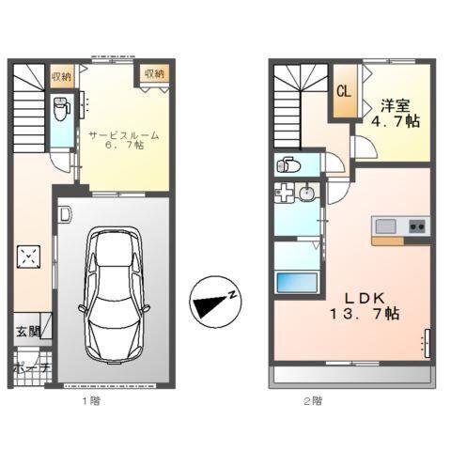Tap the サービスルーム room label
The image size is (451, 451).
click(x=124, y=134)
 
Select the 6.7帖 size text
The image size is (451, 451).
click(x=124, y=148)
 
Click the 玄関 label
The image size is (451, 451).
click(x=28, y=331)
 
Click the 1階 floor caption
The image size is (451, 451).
click(x=90, y=400)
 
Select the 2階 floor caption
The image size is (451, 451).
click(x=313, y=400)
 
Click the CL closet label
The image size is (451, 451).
click(x=344, y=91)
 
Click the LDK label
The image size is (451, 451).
click(x=364, y=294)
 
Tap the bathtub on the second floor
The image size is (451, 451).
click(x=292, y=283)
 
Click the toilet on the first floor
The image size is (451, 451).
click(x=60, y=108)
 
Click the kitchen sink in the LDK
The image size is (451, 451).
click(x=386, y=225)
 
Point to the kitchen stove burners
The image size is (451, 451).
click(x=415, y=226)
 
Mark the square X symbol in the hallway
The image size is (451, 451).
click(x=29, y=256)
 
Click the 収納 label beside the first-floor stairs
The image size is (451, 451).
click(x=62, y=74)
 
